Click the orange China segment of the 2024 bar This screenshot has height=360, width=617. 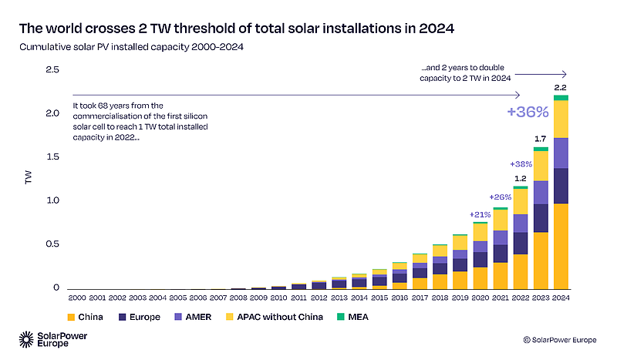coord(561,247)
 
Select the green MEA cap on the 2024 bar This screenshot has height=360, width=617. coord(561,98)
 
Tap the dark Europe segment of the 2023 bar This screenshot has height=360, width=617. coord(541,218)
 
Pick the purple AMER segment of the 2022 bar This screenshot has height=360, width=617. coord(521,224)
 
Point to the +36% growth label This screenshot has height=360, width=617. coord(528,112)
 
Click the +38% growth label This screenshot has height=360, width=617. coord(521,164)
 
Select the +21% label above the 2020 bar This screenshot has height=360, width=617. coord(480,214)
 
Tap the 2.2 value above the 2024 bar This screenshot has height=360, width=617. coord(561,86)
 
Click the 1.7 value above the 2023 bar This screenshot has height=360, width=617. coord(541,138)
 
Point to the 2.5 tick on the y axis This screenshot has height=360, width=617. coord(52,70)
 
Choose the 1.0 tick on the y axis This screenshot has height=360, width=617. coord(52,200)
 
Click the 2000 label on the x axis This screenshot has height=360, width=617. coord(77,298)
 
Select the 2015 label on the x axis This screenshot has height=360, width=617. coord(380,298)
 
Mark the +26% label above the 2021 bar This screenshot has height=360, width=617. coord(501,197)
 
